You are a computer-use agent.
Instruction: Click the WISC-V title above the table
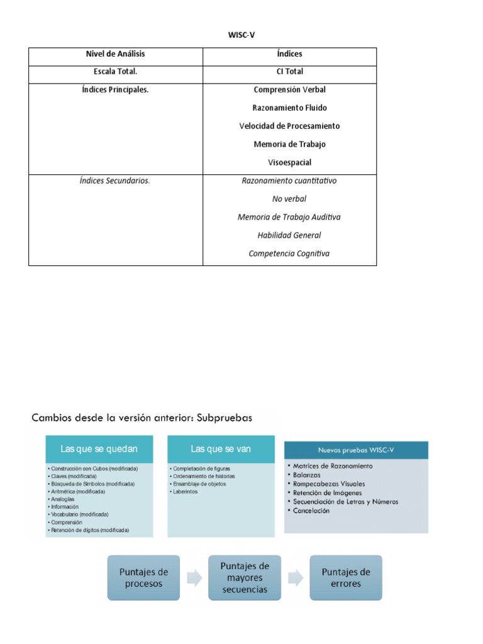point(241,35)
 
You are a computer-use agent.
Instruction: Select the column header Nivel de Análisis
point(116,54)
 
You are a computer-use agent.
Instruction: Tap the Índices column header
point(289,54)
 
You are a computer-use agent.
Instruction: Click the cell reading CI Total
point(289,72)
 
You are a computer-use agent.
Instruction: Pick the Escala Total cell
point(116,72)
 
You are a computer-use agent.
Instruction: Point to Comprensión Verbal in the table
point(289,90)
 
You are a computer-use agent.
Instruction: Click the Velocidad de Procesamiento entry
point(289,126)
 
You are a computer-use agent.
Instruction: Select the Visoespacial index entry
point(289,162)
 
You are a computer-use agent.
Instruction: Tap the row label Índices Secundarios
point(116,181)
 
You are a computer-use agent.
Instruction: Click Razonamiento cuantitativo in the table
point(289,181)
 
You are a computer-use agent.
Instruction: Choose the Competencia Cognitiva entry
point(289,254)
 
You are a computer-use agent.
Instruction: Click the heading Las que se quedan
point(99,449)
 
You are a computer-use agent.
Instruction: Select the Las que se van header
point(220,448)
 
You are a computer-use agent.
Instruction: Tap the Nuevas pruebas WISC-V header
point(356,450)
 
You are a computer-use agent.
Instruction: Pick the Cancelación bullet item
point(311,511)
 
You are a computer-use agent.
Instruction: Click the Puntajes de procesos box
point(143,578)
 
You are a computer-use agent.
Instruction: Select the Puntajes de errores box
point(346,578)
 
